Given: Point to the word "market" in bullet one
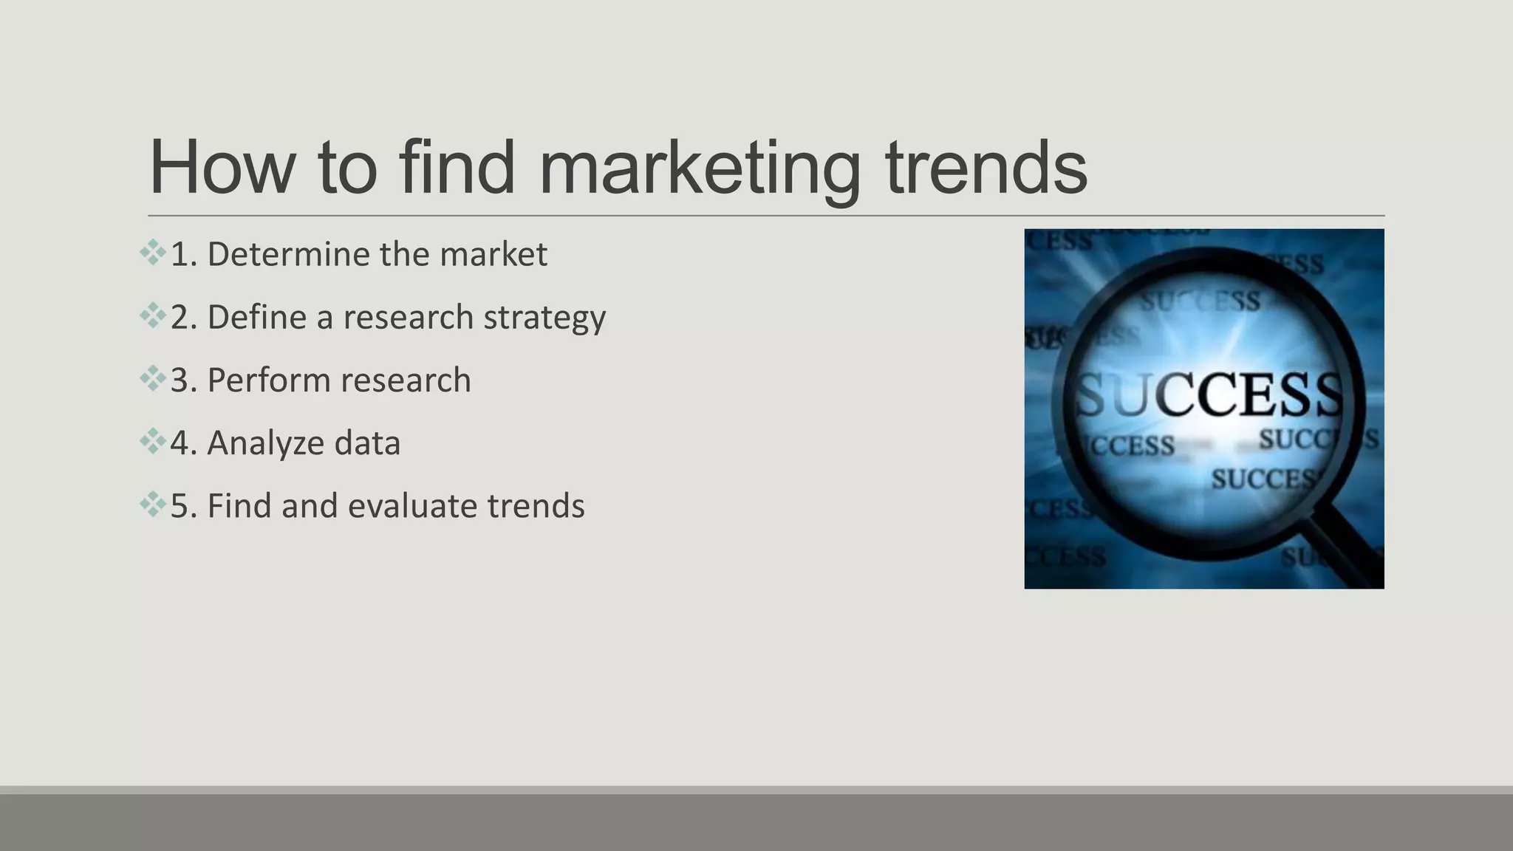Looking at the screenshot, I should coord(493,254).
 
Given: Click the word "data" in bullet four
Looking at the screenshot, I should coord(367,443).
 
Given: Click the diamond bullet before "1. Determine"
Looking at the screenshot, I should coord(152,253).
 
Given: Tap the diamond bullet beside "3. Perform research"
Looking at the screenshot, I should coord(152,378).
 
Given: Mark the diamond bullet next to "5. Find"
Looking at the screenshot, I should coord(152,505).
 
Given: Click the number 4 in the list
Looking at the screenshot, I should coord(179,443).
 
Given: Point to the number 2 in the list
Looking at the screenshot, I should coord(179,318).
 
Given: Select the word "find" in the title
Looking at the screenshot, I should coord(456,168).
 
